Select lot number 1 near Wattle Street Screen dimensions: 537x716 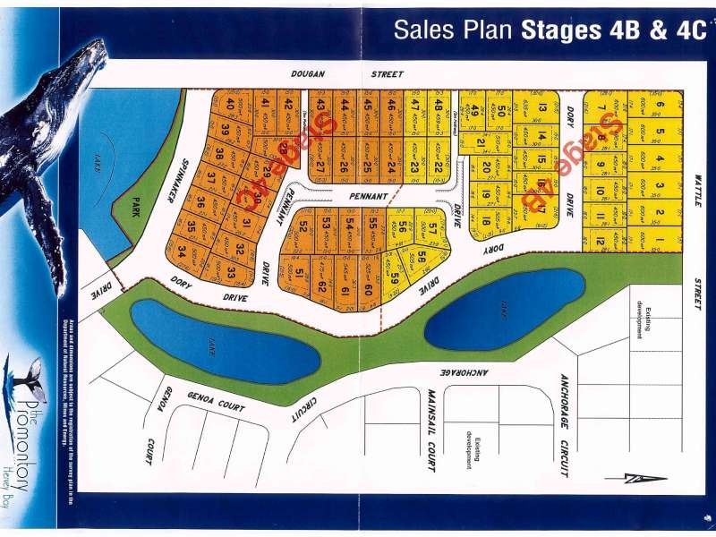point(660,240)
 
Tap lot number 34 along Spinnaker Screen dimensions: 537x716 point(183,251)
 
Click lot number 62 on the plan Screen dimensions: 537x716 point(320,288)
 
